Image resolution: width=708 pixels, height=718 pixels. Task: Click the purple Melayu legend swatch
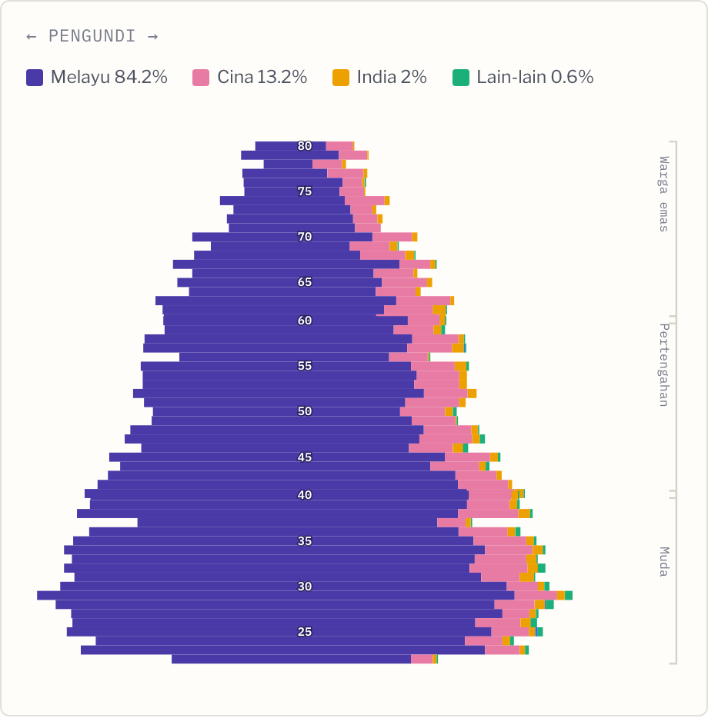click(35, 78)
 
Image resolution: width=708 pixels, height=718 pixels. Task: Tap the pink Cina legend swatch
click(201, 78)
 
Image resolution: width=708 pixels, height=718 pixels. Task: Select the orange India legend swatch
click(341, 78)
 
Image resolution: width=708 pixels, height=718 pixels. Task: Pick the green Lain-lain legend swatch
click(461, 78)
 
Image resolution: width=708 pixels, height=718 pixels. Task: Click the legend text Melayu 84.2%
click(109, 77)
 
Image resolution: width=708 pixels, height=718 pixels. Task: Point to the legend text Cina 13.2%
click(262, 77)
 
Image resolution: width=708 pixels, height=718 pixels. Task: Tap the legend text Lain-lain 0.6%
click(535, 77)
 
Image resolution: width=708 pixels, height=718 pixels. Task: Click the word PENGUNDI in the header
click(92, 36)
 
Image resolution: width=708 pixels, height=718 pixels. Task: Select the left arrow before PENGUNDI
click(32, 37)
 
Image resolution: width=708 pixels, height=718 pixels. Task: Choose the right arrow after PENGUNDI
click(153, 37)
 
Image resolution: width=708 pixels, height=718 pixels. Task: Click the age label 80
click(305, 146)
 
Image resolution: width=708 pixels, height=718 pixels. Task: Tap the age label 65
click(305, 282)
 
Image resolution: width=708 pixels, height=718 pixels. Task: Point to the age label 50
click(305, 411)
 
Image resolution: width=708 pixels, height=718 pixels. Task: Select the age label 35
click(305, 540)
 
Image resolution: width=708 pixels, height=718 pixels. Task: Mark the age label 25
click(305, 631)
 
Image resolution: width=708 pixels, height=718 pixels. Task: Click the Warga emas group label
click(663, 194)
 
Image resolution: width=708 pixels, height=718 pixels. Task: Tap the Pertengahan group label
click(663, 365)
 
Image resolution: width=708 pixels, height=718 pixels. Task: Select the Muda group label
click(663, 561)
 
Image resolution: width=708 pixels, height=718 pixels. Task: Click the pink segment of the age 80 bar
click(339, 146)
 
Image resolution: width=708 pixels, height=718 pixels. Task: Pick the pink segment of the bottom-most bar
click(422, 659)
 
